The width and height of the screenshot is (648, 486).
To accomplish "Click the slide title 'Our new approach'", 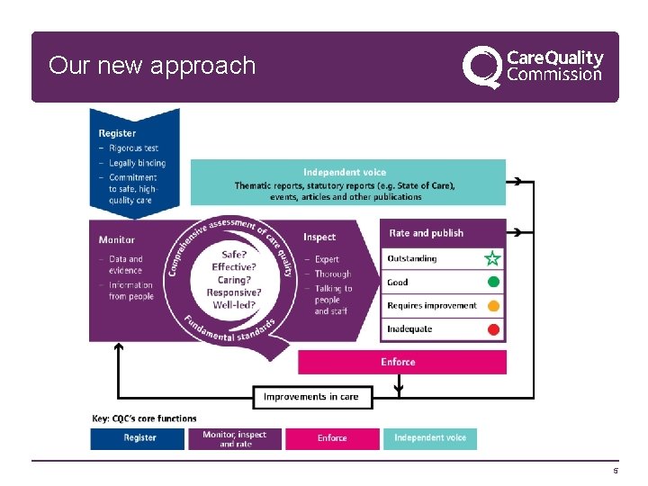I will click(152, 66).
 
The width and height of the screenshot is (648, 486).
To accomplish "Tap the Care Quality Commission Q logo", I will click(481, 67).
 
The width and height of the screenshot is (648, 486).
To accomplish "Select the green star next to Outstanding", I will click(492, 259).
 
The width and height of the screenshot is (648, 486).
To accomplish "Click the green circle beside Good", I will click(492, 283).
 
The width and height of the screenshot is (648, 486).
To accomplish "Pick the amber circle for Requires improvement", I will click(492, 306).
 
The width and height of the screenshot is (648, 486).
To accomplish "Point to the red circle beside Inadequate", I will click(492, 329).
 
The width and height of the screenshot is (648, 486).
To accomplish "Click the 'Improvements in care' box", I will click(311, 397).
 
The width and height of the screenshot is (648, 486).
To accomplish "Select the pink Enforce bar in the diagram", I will click(401, 362).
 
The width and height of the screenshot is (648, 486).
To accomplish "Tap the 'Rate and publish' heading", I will click(426, 233).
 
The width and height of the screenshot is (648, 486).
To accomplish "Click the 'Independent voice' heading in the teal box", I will click(345, 172).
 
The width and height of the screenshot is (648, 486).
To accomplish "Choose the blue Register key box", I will click(139, 438).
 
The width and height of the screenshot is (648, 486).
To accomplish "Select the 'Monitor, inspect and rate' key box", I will click(235, 438).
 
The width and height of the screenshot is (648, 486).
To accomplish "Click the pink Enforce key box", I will click(332, 438).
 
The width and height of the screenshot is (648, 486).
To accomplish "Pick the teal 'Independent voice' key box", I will click(430, 438).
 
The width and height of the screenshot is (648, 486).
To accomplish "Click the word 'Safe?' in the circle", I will click(234, 255).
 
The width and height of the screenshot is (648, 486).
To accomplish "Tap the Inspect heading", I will click(319, 238).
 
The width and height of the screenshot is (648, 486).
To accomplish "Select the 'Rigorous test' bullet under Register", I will click(133, 148).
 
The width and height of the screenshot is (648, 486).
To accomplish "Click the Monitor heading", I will click(117, 240).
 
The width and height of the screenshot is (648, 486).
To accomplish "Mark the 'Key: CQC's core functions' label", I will click(144, 418).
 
